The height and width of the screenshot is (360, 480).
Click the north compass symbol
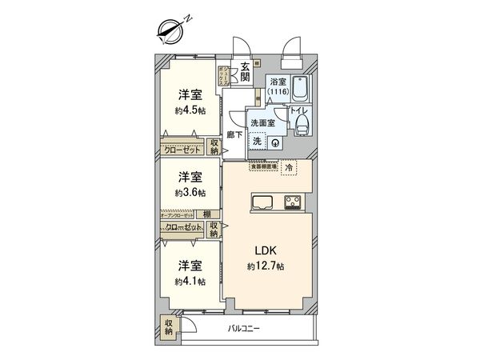tap(171, 31)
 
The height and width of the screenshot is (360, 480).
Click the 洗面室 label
tap(262, 124)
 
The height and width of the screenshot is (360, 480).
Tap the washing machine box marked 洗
tap(257, 142)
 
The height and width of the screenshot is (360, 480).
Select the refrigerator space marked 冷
tap(289, 168)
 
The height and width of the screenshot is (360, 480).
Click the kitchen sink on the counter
tap(263, 202)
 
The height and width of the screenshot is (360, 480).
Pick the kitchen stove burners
tap(293, 202)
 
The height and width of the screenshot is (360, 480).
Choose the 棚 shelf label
tap(207, 214)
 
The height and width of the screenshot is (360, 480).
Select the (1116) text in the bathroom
tap(278, 93)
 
